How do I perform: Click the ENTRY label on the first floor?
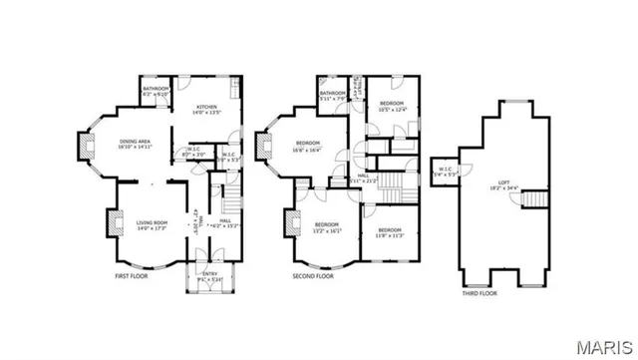[x=209, y=276]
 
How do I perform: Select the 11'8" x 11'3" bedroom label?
[x=388, y=231]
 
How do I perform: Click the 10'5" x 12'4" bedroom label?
[x=391, y=106]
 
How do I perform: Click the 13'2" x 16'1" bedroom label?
[x=328, y=226]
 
